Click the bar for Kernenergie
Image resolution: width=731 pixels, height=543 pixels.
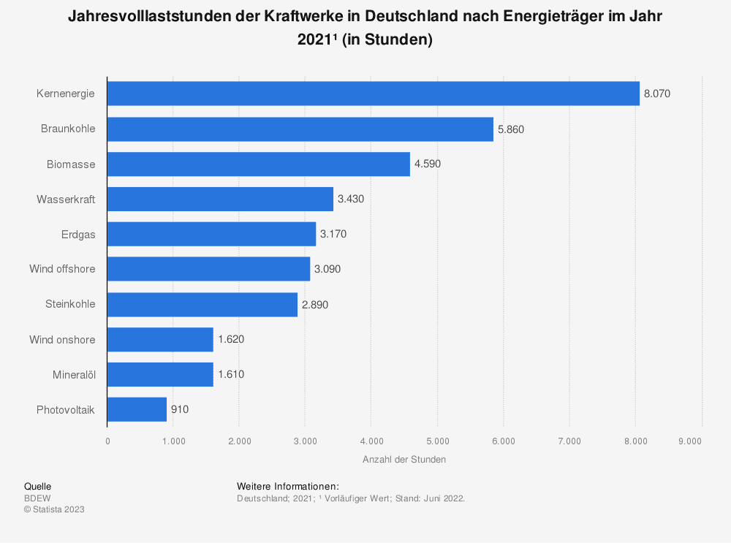tap(373, 94)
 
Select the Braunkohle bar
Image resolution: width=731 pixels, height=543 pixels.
tap(300, 129)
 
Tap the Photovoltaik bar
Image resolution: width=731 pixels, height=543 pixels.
tap(137, 409)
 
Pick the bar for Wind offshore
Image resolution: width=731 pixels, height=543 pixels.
tap(208, 269)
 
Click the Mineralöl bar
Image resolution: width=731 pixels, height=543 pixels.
tap(160, 374)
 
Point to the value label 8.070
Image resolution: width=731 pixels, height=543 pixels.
tap(657, 94)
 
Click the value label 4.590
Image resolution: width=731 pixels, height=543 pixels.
tap(428, 164)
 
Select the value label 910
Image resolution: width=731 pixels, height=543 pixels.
tap(180, 409)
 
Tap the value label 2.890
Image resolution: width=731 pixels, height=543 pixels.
tap(315, 304)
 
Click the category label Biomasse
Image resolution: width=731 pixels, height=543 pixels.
tap(71, 164)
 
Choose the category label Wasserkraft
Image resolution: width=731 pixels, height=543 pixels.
tap(66, 199)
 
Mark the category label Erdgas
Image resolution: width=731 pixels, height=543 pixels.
tap(78, 234)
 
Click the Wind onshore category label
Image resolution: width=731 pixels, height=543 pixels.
tap(62, 339)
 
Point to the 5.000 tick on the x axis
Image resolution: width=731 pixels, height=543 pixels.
tap(437, 441)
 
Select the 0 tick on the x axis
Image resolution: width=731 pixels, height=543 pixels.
tap(107, 441)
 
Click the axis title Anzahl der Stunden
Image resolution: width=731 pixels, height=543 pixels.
tap(404, 460)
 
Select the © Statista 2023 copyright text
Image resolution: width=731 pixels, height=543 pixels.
tap(54, 509)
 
